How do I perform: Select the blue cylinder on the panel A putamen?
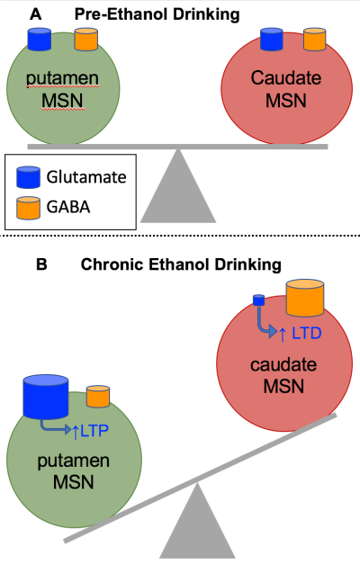point(40,40)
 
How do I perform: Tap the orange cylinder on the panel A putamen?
point(86,40)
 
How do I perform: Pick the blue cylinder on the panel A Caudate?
point(272,40)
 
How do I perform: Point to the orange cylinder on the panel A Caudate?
point(314,40)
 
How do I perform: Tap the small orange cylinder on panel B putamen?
point(98,396)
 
